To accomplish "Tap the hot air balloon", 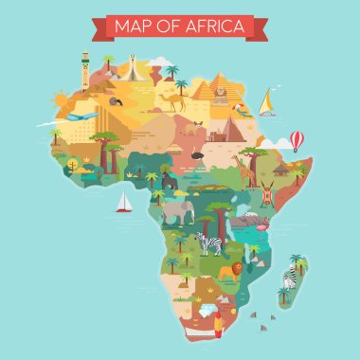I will tap(297, 140).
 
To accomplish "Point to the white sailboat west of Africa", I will tap(123, 202).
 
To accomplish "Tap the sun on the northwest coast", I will tap(61, 98).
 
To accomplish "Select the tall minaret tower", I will tap(85, 70).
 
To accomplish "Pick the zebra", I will tap(209, 244).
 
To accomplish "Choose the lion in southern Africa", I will tap(228, 273).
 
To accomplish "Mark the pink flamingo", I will tap(255, 225).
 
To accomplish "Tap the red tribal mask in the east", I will tap(269, 194).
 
